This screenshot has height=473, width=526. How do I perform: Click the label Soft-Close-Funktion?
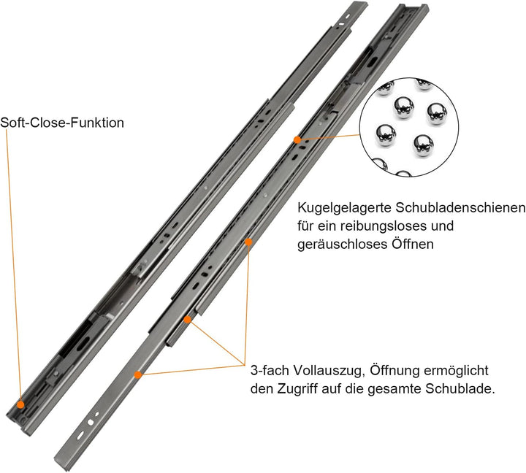62,123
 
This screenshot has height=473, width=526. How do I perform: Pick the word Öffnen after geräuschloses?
413,245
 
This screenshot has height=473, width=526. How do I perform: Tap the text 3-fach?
269,370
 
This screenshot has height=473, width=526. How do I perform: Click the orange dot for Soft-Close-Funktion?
20,404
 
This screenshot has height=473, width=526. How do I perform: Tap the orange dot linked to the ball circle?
297,139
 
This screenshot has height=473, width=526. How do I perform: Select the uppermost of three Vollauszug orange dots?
248,242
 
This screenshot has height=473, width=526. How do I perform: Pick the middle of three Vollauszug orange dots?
188,319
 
